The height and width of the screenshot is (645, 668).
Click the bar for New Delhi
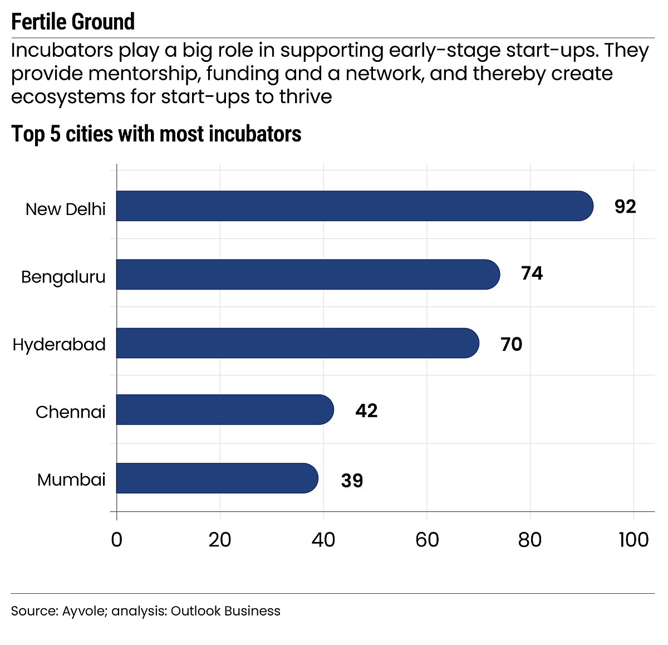point(354,206)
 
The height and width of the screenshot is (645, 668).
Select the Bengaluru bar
point(307,275)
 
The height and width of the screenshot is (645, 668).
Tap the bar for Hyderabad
point(297,343)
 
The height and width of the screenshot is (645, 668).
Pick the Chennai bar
point(225,410)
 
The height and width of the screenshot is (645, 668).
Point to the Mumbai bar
point(217,478)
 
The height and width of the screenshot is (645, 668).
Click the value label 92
point(625,207)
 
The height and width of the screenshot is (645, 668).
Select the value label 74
point(532,273)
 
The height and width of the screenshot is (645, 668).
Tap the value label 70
point(511,344)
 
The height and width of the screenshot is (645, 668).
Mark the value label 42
point(366,411)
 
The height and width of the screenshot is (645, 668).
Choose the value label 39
point(352,480)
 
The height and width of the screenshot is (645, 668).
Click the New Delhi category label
point(66,209)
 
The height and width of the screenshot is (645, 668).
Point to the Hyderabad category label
point(59,345)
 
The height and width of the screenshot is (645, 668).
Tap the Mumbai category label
point(71,480)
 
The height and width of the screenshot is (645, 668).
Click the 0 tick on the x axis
point(116,540)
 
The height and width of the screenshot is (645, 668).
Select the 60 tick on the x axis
point(427,540)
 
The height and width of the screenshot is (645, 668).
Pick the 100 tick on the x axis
point(633,540)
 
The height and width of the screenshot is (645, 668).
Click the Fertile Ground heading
point(73,22)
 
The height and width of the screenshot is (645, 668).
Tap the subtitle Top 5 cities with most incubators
point(156,134)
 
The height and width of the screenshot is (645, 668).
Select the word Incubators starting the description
point(62,51)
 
